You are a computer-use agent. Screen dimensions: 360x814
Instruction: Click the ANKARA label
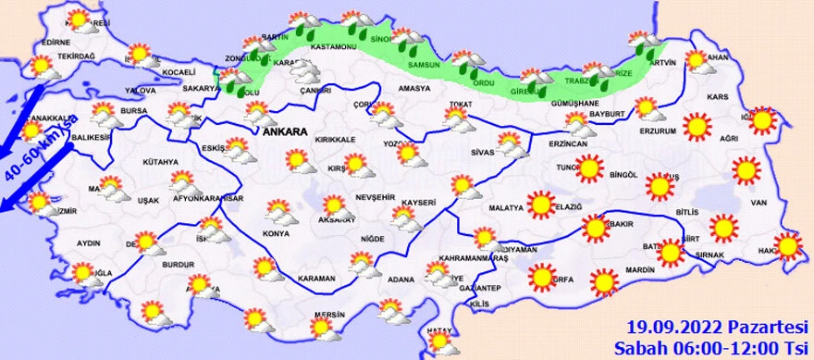[283, 133]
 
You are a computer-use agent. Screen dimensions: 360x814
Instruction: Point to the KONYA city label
[277, 232]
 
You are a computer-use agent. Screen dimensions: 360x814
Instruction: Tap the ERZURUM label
[658, 130]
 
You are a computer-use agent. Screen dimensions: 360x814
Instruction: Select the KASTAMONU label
[334, 45]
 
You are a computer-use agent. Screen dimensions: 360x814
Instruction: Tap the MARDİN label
[639, 270]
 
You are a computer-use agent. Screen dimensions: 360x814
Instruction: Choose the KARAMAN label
[317, 278]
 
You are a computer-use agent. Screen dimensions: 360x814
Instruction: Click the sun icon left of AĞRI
[696, 126]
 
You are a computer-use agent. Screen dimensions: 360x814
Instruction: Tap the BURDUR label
[176, 264]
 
